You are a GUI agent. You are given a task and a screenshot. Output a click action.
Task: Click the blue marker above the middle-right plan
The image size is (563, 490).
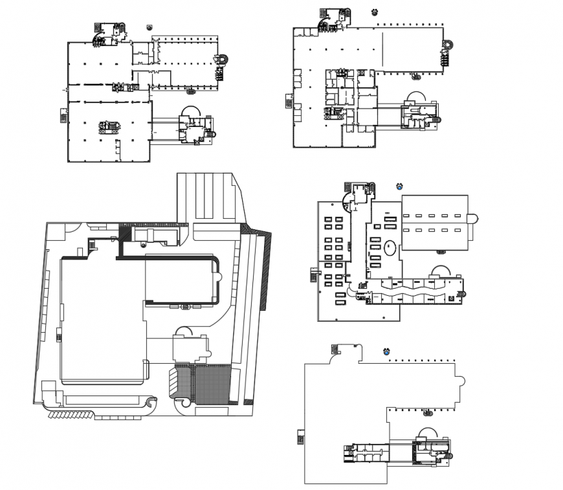tap(399, 186)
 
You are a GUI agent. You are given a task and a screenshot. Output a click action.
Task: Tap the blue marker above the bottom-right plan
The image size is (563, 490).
tap(386, 353)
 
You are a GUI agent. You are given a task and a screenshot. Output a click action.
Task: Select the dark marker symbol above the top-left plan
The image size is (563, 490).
tap(149, 27)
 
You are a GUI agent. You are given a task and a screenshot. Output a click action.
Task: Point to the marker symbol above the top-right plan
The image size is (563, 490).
tap(374, 12)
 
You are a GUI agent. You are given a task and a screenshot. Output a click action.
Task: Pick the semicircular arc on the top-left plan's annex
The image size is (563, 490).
tap(191, 111)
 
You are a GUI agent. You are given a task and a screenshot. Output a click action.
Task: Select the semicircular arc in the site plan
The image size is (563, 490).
tap(184, 331)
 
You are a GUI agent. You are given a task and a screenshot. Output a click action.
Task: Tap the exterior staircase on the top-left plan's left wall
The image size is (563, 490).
tap(63, 115)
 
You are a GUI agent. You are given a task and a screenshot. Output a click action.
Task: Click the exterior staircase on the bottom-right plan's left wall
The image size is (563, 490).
tap(299, 437)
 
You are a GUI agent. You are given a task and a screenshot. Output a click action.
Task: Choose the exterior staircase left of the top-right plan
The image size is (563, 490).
tap(289, 102)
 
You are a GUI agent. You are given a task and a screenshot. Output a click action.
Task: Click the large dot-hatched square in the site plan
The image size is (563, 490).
tap(212, 383)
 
